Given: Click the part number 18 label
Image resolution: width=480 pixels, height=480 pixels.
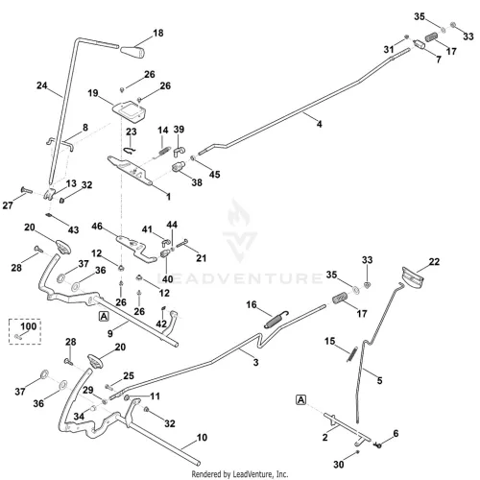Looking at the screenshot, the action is pyautogui.click(x=158, y=33).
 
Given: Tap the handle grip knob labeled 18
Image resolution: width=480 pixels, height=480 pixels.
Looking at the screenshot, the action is pyautogui.click(x=132, y=52).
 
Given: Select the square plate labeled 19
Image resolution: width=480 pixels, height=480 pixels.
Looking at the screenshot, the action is pyautogui.click(x=129, y=110).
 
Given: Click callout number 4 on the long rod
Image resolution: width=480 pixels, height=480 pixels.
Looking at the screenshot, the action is pyautogui.click(x=319, y=124).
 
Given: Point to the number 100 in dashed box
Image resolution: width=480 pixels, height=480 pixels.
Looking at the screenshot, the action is pyautogui.click(x=29, y=326).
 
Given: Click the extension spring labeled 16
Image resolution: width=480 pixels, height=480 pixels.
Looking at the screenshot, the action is pyautogui.click(x=276, y=320).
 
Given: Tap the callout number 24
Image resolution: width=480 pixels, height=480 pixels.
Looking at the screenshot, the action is pyautogui.click(x=42, y=85).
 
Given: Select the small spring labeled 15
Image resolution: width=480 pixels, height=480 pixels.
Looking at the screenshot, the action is pyautogui.click(x=351, y=354).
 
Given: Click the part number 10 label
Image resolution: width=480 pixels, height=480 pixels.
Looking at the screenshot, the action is pyautogui.click(x=202, y=437).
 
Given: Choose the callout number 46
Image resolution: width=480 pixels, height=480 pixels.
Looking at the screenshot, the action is pyautogui.click(x=97, y=227).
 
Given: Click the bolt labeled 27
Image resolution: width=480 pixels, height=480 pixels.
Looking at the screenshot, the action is pyautogui.click(x=27, y=190).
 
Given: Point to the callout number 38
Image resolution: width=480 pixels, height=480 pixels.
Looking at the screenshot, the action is pyautogui.click(x=197, y=182).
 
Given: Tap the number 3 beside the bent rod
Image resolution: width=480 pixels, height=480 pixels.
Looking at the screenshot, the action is pyautogui.click(x=255, y=362).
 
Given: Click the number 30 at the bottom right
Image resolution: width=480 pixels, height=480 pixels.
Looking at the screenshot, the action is pyautogui.click(x=339, y=464).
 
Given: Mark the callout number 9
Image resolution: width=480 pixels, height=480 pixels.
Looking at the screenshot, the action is pyautogui.click(x=110, y=333).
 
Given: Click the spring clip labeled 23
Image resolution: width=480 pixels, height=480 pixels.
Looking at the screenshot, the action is pyautogui.click(x=131, y=150).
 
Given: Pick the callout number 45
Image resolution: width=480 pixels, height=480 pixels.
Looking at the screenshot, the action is pyautogui.click(x=214, y=174).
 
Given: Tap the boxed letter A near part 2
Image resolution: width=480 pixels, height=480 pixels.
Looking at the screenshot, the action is pyautogui.click(x=301, y=399).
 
